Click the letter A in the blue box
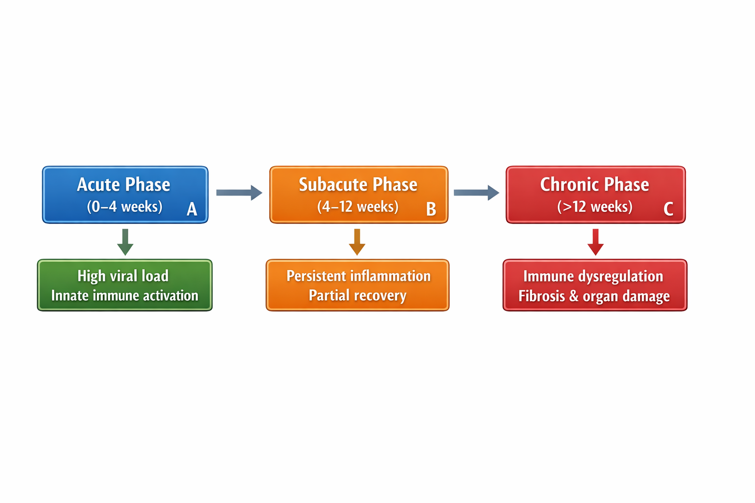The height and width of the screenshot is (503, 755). coord(192,209)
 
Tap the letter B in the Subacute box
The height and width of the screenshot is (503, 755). coord(431,209)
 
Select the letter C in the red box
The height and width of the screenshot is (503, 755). coord(668,209)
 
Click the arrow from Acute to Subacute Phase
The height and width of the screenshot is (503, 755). coord(239,193)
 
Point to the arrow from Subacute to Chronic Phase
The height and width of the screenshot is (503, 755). coord(476,193)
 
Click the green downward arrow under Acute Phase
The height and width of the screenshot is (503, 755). coord(125,242)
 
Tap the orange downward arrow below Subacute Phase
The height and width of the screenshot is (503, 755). coord(357,242)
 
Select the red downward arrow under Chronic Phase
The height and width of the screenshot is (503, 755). coord(596,242)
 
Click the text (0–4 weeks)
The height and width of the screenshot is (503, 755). coord(124,206)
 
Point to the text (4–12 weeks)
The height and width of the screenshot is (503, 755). coord(358,206)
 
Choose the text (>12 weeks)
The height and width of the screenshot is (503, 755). coord(595,206)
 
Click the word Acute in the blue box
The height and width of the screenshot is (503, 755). coord(99,185)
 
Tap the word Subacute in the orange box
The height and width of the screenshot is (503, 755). coord(333,185)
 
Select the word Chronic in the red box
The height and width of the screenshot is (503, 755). coord(570,185)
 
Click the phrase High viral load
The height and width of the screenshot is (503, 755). coord(123,276)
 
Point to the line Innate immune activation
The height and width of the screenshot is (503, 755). coord(125,296)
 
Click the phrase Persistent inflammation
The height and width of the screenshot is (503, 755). coord(358,276)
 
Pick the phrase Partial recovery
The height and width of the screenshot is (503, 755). coord(357,296)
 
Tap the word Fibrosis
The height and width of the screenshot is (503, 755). coord(542,296)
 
